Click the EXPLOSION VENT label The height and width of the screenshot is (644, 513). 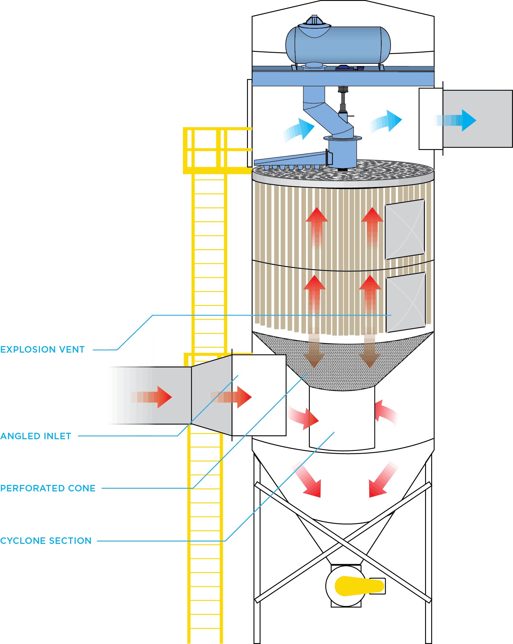(x=43, y=349)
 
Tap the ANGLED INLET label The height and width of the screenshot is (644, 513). (x=36, y=436)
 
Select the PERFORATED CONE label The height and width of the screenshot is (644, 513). (x=48, y=488)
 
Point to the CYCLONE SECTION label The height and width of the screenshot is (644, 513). (x=46, y=541)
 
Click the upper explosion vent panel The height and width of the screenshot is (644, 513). (x=405, y=229)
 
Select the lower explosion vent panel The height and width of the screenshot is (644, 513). (x=406, y=302)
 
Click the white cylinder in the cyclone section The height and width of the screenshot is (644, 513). (x=342, y=419)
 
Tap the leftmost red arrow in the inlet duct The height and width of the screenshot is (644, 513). (x=153, y=397)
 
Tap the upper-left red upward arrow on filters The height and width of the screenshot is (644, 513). (x=317, y=227)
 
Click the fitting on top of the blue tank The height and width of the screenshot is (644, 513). (x=314, y=21)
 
